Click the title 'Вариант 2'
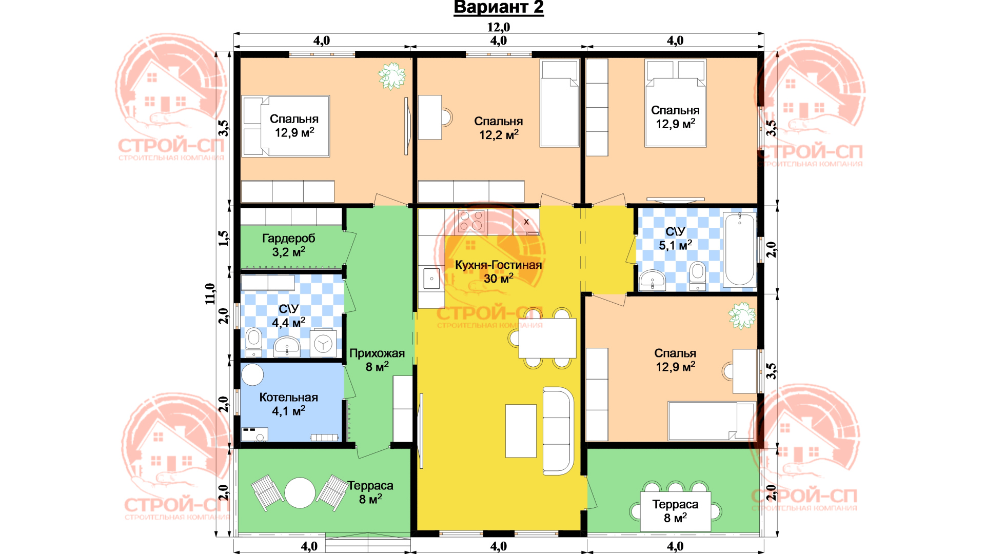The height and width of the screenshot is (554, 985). pos(499,8)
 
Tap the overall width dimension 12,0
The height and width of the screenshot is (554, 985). pos(499,27)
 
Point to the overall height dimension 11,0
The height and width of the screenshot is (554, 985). pos(210,294)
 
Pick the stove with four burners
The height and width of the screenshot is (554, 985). pos(471,221)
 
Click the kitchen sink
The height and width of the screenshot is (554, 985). pos(431,279)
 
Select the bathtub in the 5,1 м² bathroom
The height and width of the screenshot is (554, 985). pos(739,249)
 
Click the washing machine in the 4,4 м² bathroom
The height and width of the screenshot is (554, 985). pos(323,343)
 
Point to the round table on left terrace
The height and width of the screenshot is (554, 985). pos(300,493)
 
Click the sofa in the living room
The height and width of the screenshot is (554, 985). pos(558,431)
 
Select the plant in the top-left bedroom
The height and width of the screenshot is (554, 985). pos(392,76)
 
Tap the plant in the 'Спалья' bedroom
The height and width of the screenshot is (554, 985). pos(742,315)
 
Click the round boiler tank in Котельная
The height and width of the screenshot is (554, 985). pos(252,374)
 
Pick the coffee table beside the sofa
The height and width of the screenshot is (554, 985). pos(521,431)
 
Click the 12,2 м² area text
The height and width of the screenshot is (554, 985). pos(499,135)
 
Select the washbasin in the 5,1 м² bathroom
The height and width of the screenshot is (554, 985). pos(652,280)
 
